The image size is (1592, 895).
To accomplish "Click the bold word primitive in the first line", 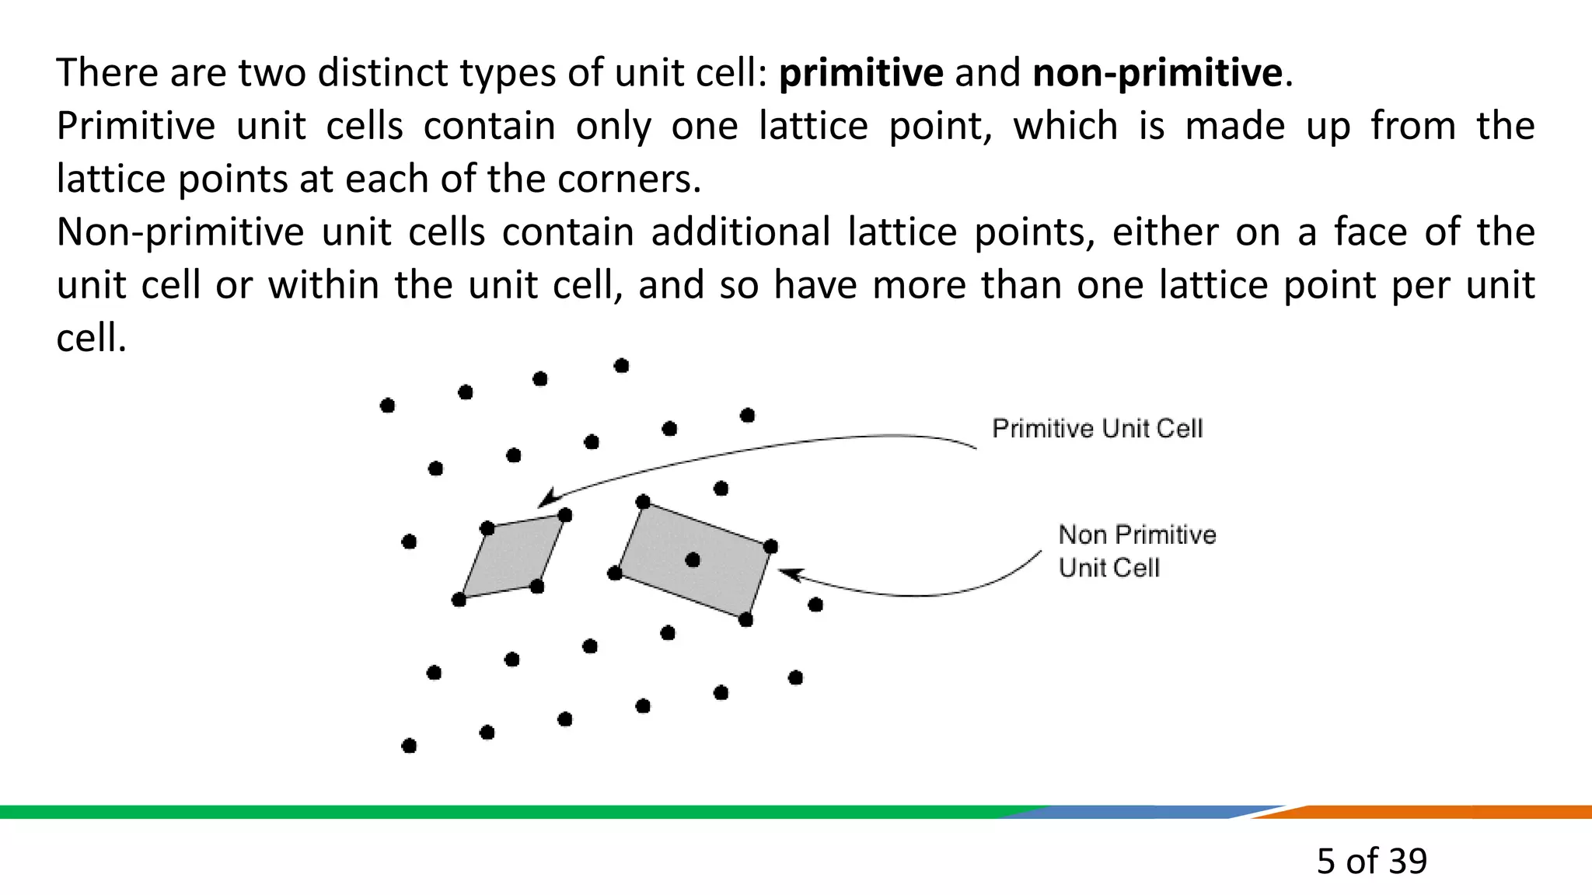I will [861, 73].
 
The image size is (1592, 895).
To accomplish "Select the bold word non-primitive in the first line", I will [1157, 73].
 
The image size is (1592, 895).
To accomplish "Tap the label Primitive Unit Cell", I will [1097, 428].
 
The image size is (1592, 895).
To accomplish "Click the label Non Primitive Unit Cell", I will [1136, 551].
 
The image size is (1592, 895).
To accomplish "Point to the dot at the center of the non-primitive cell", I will [693, 560].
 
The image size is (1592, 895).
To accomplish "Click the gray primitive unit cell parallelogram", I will [511, 558].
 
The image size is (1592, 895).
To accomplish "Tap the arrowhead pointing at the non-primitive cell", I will [788, 573].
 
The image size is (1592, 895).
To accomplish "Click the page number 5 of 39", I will [1371, 861].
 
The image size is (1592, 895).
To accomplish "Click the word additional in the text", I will [740, 232].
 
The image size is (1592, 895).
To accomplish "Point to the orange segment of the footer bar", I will [1438, 812].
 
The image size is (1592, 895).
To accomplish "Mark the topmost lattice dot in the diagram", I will [621, 366].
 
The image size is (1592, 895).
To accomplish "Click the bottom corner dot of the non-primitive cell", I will [745, 619].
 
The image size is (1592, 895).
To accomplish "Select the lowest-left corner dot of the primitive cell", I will [459, 600].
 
